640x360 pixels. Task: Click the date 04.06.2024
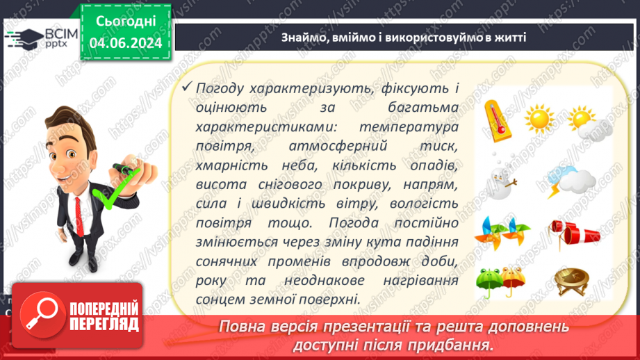[x=125, y=43]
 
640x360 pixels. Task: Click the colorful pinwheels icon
[x=504, y=231]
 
